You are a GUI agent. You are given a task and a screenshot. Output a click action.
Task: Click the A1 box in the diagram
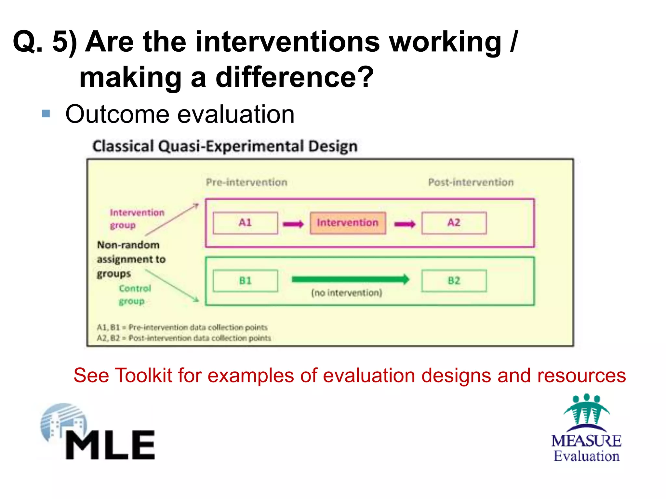245,223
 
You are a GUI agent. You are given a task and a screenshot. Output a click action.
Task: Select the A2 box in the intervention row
454,223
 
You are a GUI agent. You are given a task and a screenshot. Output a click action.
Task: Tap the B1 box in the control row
245,281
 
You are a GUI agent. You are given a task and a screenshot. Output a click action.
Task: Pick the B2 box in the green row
454,281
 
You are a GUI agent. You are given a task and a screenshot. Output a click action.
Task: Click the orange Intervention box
348,223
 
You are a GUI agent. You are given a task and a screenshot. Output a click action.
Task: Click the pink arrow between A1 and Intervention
293,224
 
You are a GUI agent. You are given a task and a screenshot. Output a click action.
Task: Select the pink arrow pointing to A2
405,224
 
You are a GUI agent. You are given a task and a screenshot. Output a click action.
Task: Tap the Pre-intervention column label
246,182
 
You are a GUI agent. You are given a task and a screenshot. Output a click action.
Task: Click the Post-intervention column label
471,182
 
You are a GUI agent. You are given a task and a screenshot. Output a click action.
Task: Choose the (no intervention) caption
347,293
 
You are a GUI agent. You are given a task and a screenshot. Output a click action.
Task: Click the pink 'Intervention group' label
137,218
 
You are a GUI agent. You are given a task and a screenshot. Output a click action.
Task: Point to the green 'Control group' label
135,294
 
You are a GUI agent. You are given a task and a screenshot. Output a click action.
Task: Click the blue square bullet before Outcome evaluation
46,114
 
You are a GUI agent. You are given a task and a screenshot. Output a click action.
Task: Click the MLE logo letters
111,445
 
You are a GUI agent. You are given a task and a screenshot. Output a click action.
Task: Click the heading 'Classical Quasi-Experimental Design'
225,146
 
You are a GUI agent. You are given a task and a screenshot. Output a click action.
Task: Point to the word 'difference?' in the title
295,77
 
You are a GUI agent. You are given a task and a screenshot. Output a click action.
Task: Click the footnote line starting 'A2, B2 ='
184,338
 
